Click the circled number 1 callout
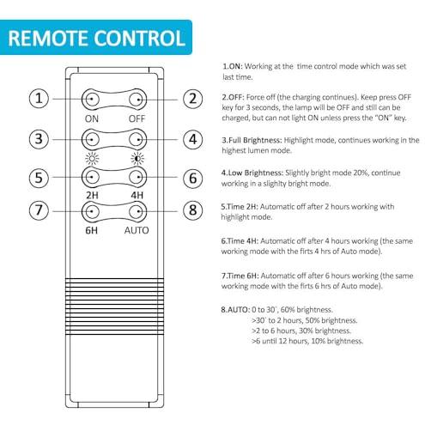click(x=39, y=99)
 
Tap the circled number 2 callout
click(x=192, y=99)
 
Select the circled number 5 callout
click(x=39, y=178)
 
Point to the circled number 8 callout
click(x=192, y=210)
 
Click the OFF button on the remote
click(x=137, y=100)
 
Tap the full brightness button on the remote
click(x=91, y=140)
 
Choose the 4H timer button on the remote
click(x=137, y=177)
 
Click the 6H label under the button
click(x=92, y=230)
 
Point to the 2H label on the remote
click(x=92, y=195)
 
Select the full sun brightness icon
click(x=92, y=158)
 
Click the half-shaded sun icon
click(x=137, y=158)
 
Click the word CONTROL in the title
click(x=140, y=38)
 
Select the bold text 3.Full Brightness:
click(x=252, y=141)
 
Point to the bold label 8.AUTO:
click(x=235, y=310)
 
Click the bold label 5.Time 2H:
click(x=240, y=207)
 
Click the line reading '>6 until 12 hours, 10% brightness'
click(x=307, y=341)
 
